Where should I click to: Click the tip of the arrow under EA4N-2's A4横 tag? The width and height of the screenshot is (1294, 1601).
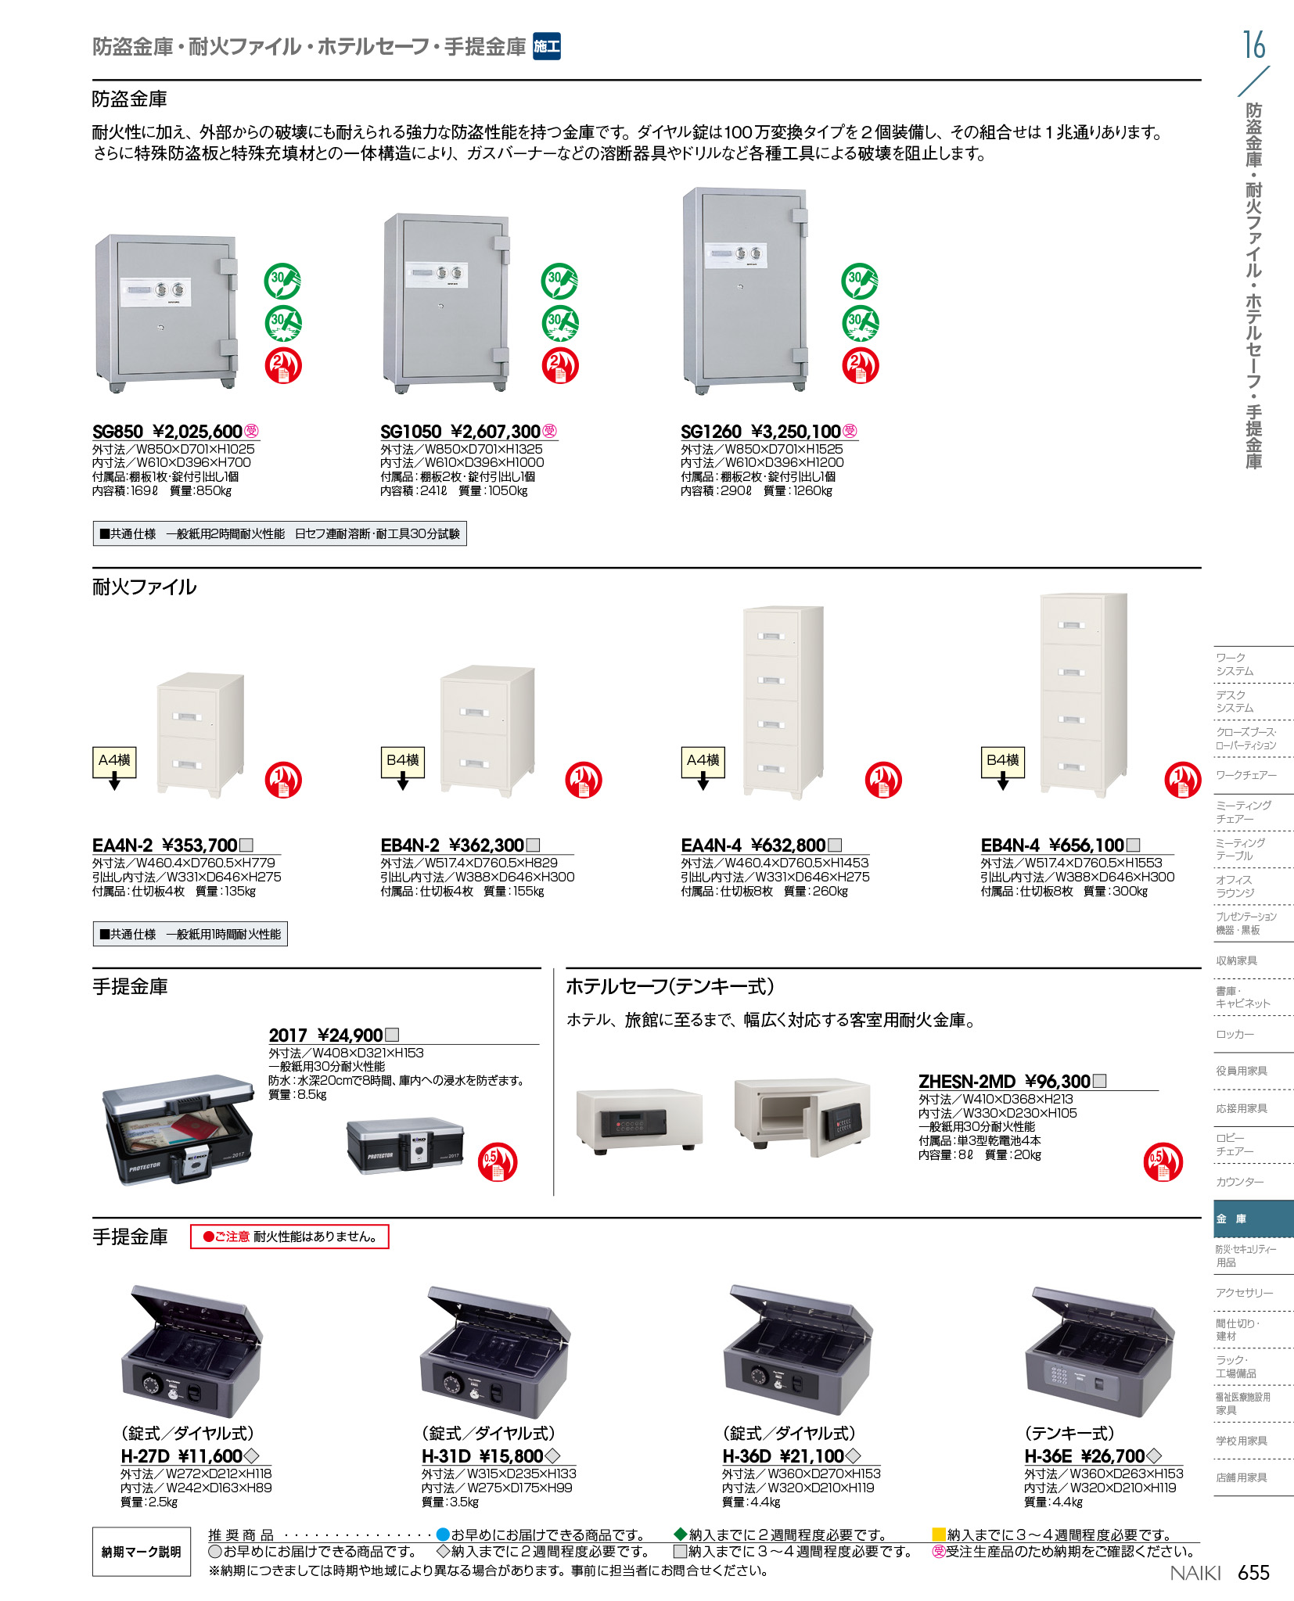click(114, 790)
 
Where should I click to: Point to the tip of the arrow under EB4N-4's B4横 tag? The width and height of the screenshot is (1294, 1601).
click(1003, 790)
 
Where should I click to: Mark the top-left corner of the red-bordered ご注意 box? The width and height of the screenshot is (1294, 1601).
click(191, 1225)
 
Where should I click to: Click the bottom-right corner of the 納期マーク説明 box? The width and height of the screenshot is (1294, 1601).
click(191, 1576)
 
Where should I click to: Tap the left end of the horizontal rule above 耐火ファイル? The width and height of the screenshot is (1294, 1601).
click(92, 568)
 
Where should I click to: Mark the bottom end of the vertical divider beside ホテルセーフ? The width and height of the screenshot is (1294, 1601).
click(554, 1195)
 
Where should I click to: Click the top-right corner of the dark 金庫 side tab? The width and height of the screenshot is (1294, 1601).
click(1293, 1201)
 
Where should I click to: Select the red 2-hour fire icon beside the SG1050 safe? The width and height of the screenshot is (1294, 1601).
click(560, 365)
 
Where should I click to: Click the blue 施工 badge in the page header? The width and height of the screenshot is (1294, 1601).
click(547, 46)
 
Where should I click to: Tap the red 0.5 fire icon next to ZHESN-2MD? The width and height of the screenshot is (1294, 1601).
click(1163, 1161)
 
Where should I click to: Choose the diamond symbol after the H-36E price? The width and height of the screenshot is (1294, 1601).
click(1154, 1456)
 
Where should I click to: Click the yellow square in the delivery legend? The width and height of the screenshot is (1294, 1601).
click(939, 1535)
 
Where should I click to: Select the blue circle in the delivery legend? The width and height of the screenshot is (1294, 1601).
click(443, 1535)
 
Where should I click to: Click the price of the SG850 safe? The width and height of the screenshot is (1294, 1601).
click(197, 432)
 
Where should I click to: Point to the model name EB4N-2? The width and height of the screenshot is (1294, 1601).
click(410, 845)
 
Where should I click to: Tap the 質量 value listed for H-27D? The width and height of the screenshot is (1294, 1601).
click(164, 1502)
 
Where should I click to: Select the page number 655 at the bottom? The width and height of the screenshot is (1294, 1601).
click(1253, 1573)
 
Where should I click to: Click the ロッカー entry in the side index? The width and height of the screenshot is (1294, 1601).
click(1235, 1034)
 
